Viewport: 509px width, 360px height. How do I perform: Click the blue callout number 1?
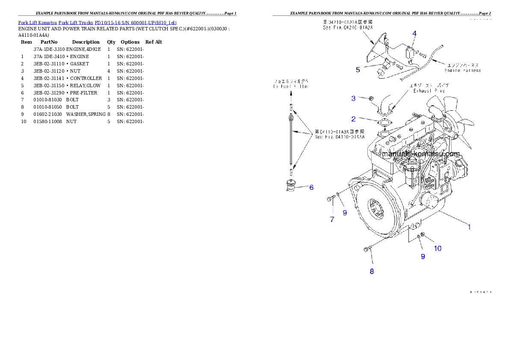click(469, 227)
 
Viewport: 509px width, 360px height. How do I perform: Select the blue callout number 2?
click(353, 119)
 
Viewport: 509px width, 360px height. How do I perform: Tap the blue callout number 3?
click(353, 98)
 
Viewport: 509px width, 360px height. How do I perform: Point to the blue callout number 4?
click(414, 33)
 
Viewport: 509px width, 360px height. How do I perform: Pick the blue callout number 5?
click(358, 70)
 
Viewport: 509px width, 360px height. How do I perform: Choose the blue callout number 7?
click(332, 219)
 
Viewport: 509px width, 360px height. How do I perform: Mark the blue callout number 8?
click(372, 271)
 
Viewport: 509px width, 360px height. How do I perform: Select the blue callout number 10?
click(438, 248)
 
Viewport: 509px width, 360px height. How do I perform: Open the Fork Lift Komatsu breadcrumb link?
click(97, 22)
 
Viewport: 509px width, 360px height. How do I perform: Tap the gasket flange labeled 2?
click(385, 124)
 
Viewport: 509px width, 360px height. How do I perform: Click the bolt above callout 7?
click(331, 199)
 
